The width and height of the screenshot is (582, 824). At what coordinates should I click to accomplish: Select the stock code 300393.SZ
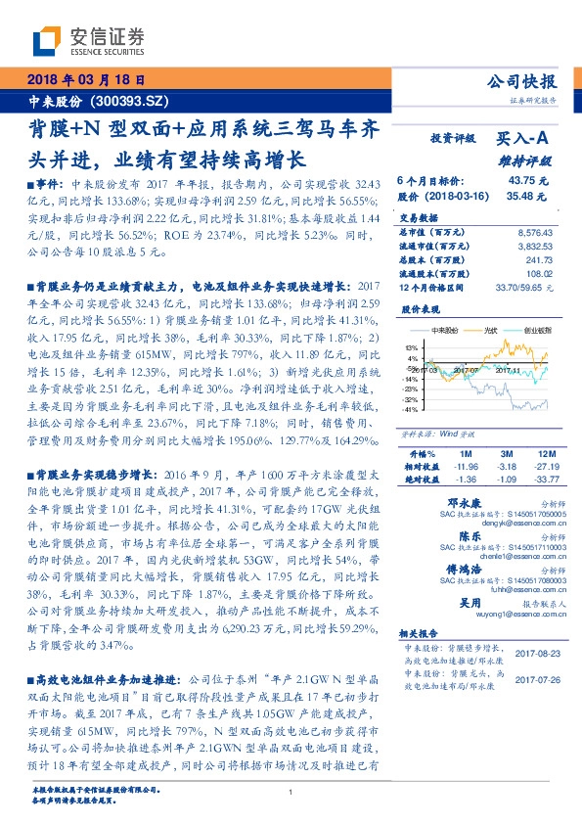130,102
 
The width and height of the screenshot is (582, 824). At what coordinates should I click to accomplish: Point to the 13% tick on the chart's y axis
412,347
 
